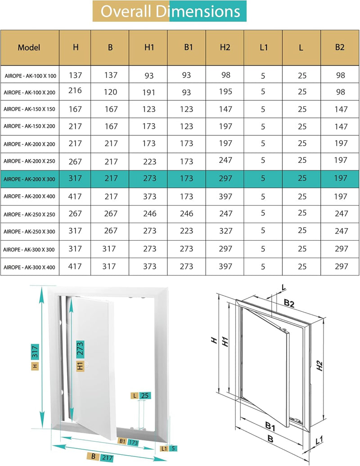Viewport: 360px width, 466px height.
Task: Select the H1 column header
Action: click(148, 47)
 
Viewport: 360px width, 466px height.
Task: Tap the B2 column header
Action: click(340, 47)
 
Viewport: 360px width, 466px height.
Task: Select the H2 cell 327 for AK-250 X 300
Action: click(225, 231)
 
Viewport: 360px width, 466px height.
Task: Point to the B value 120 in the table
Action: click(110, 92)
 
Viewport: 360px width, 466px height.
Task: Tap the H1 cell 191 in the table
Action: click(148, 92)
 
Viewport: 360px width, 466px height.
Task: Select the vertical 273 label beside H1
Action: click(80, 349)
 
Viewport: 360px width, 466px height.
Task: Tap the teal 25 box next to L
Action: click(145, 396)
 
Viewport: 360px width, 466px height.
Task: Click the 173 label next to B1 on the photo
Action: click(133, 443)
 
